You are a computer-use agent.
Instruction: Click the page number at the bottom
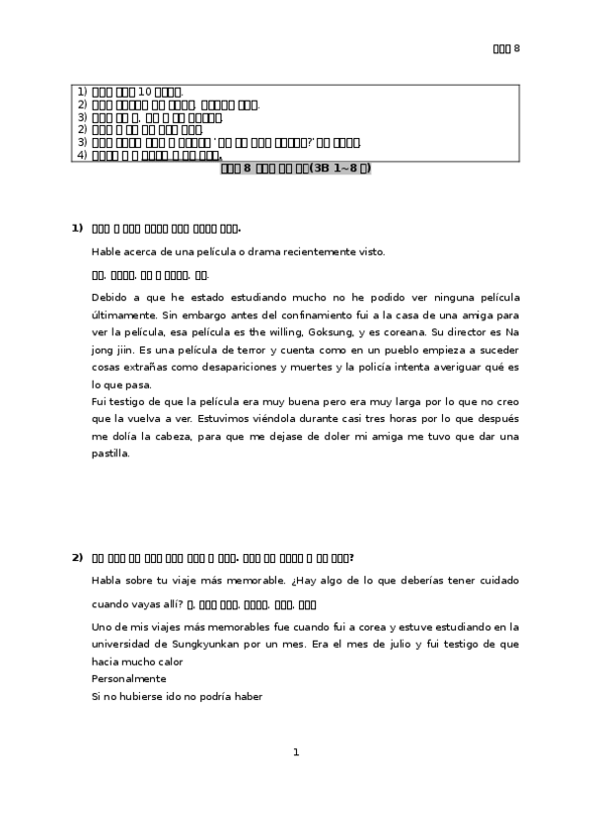click(296, 753)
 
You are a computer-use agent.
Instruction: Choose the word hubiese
click(140, 696)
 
